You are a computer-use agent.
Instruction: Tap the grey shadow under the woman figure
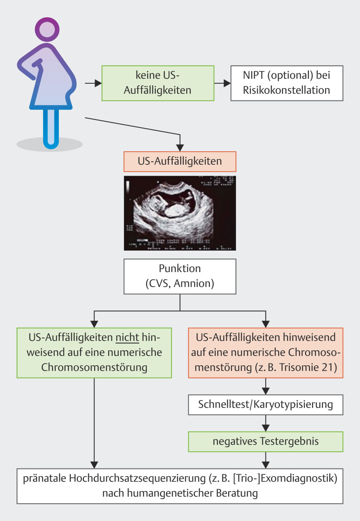[x=49, y=144]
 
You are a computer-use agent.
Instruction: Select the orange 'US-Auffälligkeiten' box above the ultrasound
[x=180, y=161]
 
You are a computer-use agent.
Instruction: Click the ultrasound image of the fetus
[x=180, y=212]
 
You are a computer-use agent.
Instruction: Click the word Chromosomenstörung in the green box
[x=94, y=366]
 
